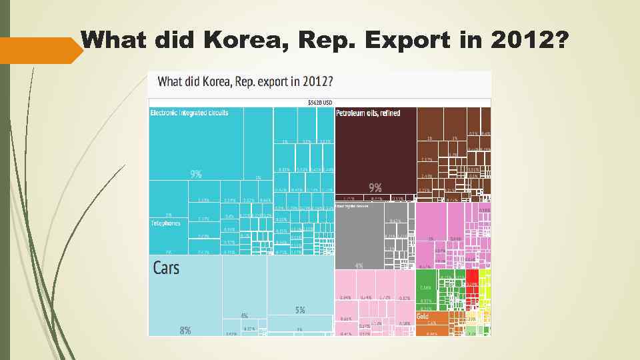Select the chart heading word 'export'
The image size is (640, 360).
coord(270,82)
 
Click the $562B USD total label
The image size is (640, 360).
coord(319,103)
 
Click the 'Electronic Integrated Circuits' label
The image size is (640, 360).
coord(189,113)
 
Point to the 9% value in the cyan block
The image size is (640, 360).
coord(196,174)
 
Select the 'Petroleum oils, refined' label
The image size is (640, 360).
coord(368,113)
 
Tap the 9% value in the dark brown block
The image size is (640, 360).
coord(375,187)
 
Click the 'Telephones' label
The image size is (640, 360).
coord(165,223)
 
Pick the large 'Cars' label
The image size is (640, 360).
coord(166,268)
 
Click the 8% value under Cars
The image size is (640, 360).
coord(185,330)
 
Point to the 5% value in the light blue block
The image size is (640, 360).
coord(300,310)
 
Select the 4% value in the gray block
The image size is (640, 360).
coord(359,266)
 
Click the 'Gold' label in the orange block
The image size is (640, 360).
coord(423,316)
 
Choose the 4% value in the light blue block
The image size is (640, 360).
coord(244,315)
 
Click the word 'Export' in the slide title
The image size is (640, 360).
coord(407,41)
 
